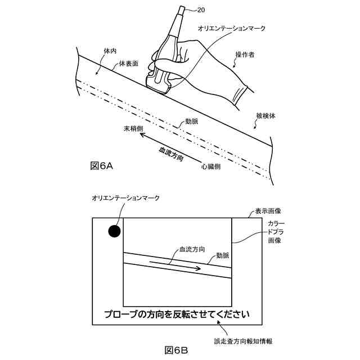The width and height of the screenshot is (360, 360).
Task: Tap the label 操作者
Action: click(246, 55)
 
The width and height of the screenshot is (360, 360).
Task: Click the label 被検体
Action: click(265, 116)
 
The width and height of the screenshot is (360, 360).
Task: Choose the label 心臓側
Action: click(211, 167)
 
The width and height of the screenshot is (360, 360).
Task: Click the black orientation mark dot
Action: click(114, 231)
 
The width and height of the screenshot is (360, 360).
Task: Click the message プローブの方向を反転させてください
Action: click(176, 314)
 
